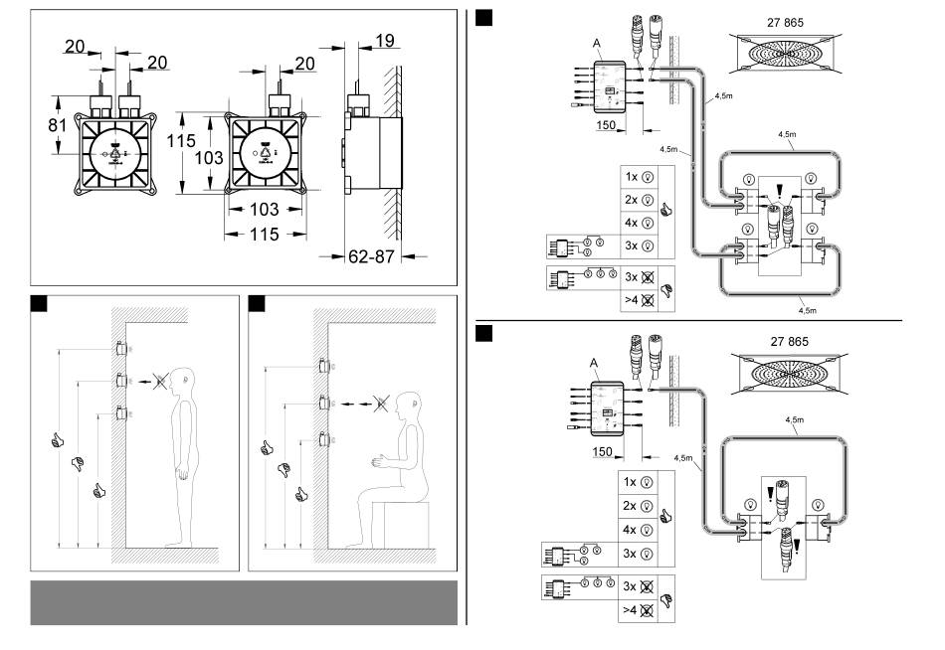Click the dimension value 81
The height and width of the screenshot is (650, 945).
click(x=58, y=125)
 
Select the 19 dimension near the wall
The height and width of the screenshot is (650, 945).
click(x=385, y=41)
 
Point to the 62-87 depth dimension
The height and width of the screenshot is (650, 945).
click(x=371, y=256)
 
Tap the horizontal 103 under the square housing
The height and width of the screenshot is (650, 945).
click(x=264, y=210)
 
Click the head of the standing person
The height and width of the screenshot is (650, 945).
click(x=182, y=380)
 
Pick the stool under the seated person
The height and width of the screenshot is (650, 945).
click(x=406, y=524)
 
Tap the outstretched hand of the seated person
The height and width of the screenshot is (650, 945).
click(x=379, y=462)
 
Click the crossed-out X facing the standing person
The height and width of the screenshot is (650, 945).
click(x=160, y=381)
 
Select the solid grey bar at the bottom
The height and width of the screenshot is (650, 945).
click(x=244, y=602)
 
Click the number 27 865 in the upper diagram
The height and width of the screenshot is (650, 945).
click(x=785, y=22)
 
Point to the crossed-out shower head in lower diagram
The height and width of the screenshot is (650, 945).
click(x=790, y=374)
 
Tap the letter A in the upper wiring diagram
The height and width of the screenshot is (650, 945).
click(x=597, y=44)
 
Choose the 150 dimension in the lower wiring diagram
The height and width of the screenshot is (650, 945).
click(x=602, y=452)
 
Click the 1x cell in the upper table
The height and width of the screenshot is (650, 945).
click(x=639, y=177)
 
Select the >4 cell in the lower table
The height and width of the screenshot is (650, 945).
click(x=639, y=610)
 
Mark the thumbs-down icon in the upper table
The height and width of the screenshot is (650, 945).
click(x=665, y=291)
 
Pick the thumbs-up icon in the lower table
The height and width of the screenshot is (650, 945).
click(x=665, y=516)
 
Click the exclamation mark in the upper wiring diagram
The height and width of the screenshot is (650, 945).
click(x=779, y=191)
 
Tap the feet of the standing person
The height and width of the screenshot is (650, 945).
click(x=180, y=544)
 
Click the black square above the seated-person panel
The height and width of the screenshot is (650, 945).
click(x=257, y=303)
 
